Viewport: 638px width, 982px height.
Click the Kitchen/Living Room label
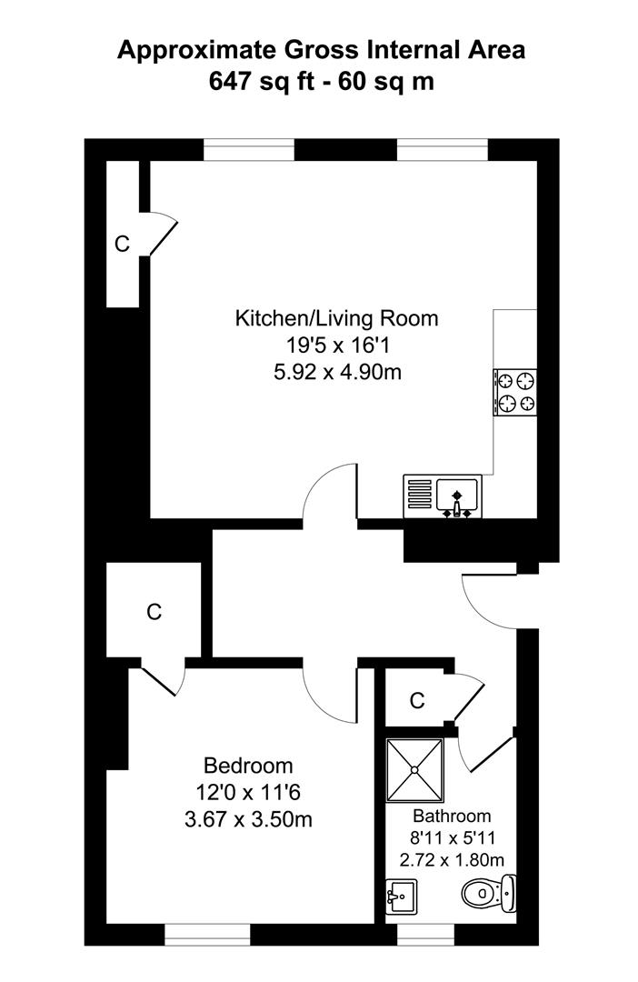[336, 319]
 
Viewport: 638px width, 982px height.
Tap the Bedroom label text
[248, 765]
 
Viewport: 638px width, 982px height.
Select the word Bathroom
[452, 817]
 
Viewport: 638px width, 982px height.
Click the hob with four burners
[514, 392]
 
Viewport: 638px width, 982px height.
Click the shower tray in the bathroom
[414, 769]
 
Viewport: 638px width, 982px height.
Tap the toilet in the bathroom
[489, 895]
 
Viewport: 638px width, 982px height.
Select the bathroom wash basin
[401, 897]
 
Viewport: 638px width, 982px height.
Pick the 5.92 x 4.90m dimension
[336, 372]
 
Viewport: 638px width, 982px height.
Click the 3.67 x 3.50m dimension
[248, 818]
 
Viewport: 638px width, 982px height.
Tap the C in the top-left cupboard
[123, 244]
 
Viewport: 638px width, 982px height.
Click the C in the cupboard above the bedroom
[155, 612]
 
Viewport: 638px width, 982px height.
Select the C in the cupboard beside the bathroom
[417, 701]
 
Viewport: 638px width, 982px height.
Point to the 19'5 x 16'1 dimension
[336, 346]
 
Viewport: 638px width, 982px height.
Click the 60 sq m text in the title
[386, 81]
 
